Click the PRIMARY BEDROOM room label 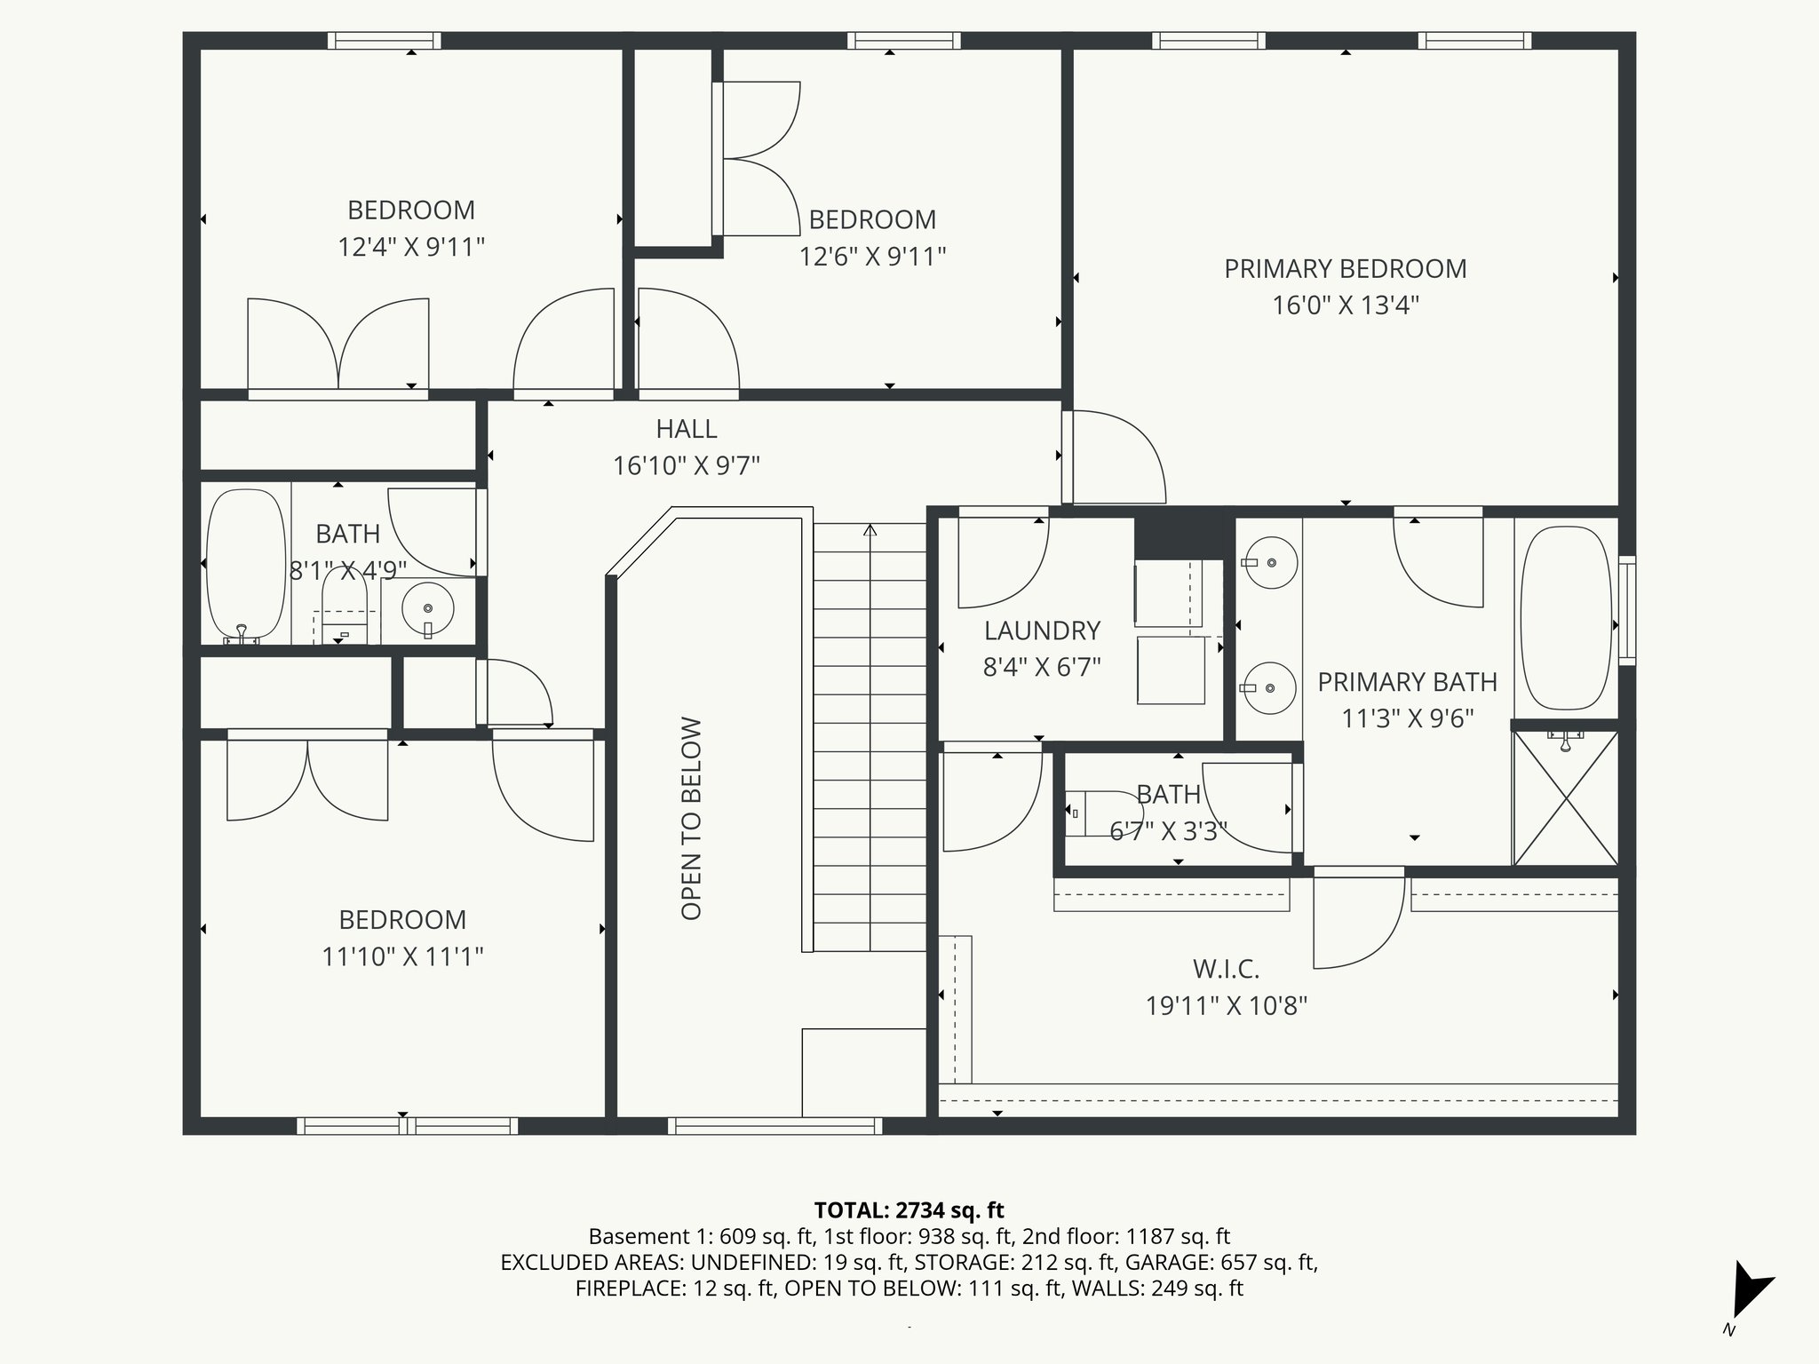[x=1345, y=269]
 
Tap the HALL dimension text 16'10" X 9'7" [x=687, y=465]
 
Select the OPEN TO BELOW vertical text [x=692, y=818]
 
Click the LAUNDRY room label [x=1042, y=630]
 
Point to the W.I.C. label [x=1226, y=968]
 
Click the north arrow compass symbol [x=1748, y=1292]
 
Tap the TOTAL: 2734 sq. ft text [x=909, y=1209]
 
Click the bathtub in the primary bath [x=1566, y=617]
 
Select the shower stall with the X [x=1566, y=797]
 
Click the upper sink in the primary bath [x=1271, y=562]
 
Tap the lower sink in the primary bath [x=1270, y=687]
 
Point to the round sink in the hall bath [x=428, y=609]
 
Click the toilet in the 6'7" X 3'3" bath [x=1085, y=812]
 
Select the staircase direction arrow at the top [x=870, y=530]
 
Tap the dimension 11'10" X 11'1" [x=402, y=956]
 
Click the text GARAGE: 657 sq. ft [x=1225, y=1262]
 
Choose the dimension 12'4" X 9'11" [x=411, y=247]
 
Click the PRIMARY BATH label [x=1407, y=682]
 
